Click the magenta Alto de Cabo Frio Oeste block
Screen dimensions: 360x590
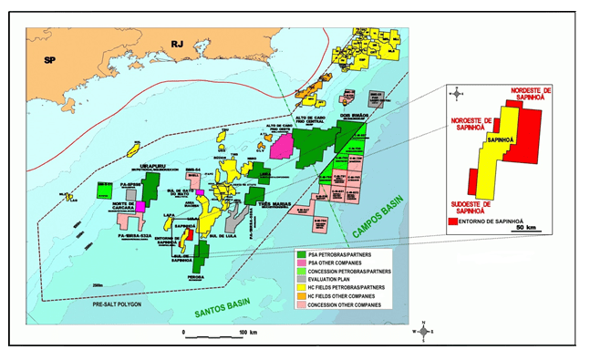pos(283,147)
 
